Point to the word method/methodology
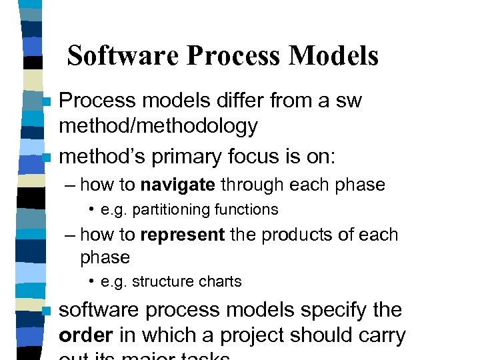tap(159, 125)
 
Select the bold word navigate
tap(178, 185)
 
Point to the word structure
tap(159, 282)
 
